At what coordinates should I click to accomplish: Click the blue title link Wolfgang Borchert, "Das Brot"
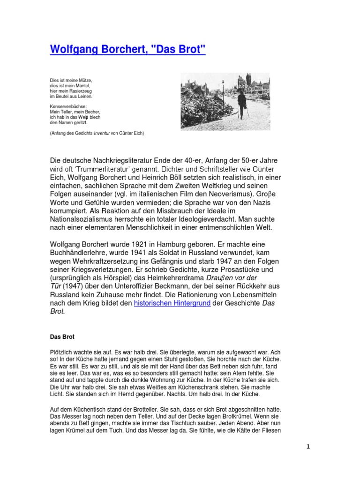[x=127, y=50]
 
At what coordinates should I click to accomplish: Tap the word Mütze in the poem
[x=85, y=81]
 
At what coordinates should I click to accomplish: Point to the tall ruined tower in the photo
[x=247, y=81]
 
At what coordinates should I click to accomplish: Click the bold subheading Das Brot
[x=62, y=337]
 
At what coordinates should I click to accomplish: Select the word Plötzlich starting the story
[x=62, y=352]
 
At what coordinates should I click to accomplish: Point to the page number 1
[x=307, y=447]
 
